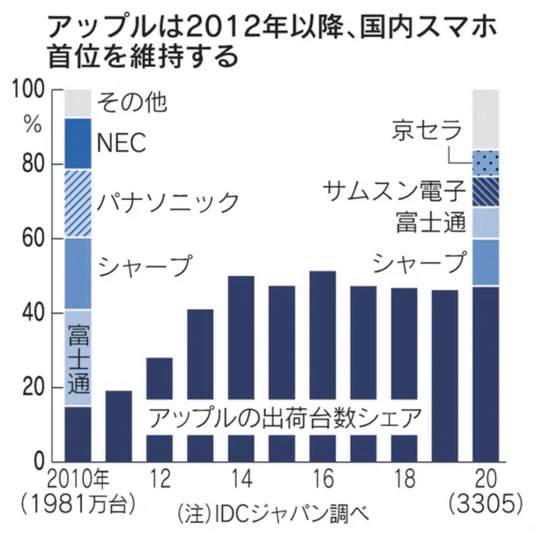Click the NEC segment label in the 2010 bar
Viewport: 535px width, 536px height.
point(121,142)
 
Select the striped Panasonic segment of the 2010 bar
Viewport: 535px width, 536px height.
point(78,204)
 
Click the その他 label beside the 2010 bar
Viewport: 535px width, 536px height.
point(133,103)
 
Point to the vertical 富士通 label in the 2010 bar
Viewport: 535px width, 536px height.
point(78,359)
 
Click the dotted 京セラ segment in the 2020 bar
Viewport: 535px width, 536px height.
point(486,163)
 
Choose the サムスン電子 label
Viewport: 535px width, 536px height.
point(394,192)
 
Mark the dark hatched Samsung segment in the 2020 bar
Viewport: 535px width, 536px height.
point(486,192)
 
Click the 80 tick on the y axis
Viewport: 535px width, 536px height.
point(33,164)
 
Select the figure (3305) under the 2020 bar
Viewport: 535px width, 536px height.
point(486,505)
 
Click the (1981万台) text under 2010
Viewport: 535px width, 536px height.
point(78,505)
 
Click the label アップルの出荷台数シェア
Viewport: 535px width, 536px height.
point(285,418)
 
